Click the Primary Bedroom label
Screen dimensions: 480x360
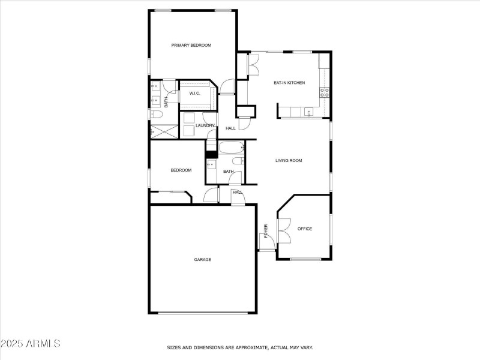pyautogui.click(x=191, y=46)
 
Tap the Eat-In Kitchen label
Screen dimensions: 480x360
pyautogui.click(x=289, y=83)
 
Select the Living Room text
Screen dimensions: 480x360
pyautogui.click(x=289, y=160)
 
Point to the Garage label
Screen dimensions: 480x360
pyautogui.click(x=203, y=260)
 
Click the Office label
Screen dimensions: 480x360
pyautogui.click(x=305, y=229)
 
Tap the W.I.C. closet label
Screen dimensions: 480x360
pyautogui.click(x=194, y=94)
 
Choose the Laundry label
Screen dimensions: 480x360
pyautogui.click(x=205, y=125)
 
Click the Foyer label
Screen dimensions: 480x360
pyautogui.click(x=266, y=231)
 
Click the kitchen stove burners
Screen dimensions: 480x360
pyautogui.click(x=325, y=92)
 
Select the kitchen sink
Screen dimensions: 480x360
pyautogui.click(x=309, y=112)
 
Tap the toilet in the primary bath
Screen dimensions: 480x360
pyautogui.click(x=157, y=115)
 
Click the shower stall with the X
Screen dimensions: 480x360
pyautogui.click(x=164, y=131)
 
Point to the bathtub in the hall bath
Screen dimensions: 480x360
pyautogui.click(x=232, y=148)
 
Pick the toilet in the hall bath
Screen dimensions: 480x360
pyautogui.click(x=238, y=160)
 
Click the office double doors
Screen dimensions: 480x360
pyautogui.click(x=284, y=231)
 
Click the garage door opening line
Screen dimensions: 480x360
pyautogui.click(x=203, y=313)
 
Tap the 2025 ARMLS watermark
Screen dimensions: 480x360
pyautogui.click(x=31, y=343)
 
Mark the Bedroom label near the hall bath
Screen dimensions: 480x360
pyautogui.click(x=181, y=170)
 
